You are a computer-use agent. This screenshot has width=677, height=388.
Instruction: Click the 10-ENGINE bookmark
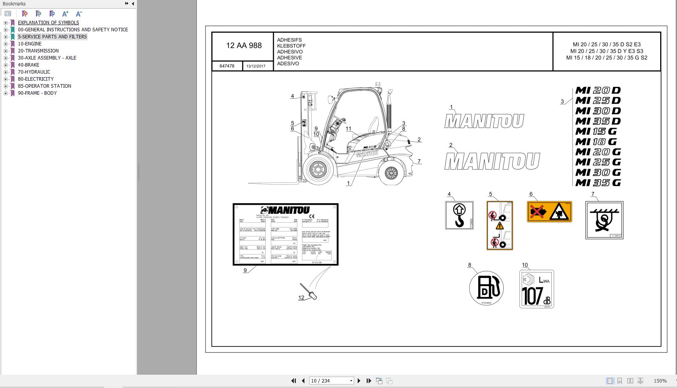pos(29,43)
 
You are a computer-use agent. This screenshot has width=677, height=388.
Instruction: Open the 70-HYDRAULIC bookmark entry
pos(34,72)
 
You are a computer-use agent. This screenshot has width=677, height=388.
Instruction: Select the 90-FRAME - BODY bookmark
pos(37,93)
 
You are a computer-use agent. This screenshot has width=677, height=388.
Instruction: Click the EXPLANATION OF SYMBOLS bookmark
pos(48,22)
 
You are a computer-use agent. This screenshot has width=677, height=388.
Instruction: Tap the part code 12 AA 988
pos(243,45)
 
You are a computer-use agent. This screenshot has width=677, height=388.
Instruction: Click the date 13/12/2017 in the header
pos(256,66)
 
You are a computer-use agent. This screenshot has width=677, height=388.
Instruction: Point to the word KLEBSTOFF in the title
pos(291,46)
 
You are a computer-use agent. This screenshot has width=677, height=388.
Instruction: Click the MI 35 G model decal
pos(598,182)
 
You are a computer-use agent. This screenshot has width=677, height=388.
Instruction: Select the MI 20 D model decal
pos(598,90)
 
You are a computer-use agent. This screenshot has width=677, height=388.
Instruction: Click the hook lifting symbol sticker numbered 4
pos(459,215)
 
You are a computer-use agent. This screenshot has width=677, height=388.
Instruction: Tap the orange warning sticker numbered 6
pos(549,211)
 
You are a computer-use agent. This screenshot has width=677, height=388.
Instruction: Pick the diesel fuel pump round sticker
pos(486,288)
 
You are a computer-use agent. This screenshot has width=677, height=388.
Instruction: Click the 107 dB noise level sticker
pos(537,289)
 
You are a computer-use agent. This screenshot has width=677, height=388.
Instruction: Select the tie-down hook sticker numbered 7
pos(604,220)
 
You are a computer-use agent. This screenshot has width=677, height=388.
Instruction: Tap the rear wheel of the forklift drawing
pos(391,172)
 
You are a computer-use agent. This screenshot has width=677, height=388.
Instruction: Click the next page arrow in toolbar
pos(359,381)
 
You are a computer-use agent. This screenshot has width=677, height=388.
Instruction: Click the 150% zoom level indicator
pos(660,381)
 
